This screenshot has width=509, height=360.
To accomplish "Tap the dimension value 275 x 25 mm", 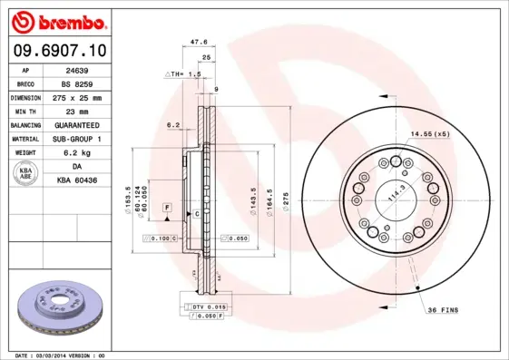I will tap(76, 96).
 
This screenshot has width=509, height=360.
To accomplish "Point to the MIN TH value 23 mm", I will tap(76, 110).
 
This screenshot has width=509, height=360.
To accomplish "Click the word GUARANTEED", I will tap(76, 124).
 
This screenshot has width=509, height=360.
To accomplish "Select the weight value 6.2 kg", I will tap(76, 152).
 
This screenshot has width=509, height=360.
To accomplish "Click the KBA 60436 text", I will tap(76, 181).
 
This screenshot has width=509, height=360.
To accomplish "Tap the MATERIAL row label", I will tap(24, 139).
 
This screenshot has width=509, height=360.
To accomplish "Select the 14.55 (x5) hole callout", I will tap(430, 134).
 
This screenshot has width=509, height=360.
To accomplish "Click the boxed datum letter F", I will tap(168, 208).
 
